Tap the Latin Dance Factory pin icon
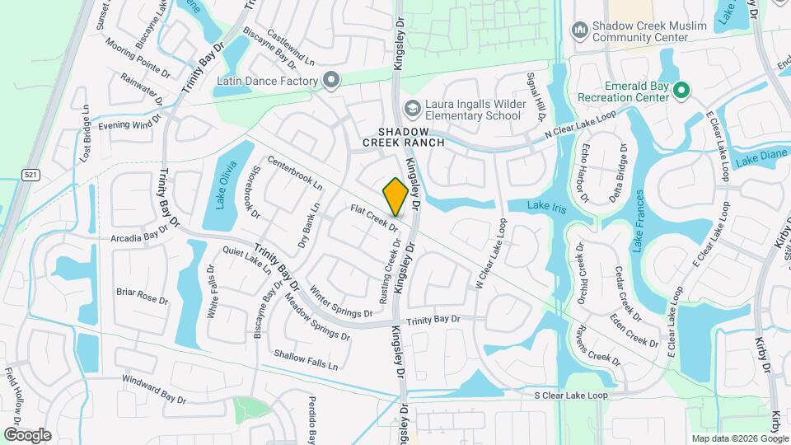click(x=331, y=81)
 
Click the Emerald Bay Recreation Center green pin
click(x=681, y=90)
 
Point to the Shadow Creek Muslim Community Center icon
click(x=579, y=30)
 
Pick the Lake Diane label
click(x=763, y=158)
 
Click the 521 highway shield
click(x=30, y=175)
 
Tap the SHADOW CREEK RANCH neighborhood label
click(x=404, y=137)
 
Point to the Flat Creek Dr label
click(x=373, y=218)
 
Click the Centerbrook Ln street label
click(x=293, y=171)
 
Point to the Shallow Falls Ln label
click(x=306, y=359)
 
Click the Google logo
click(x=27, y=434)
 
